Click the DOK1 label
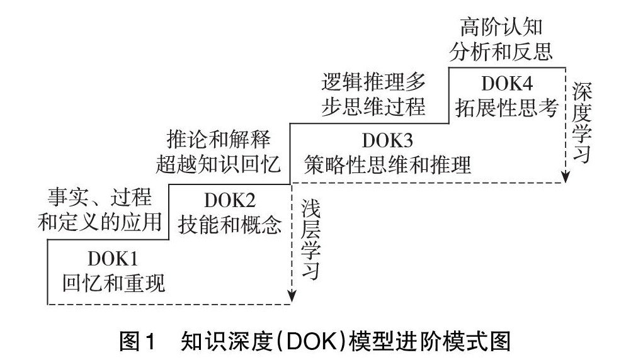(113, 259)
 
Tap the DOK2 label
(230, 201)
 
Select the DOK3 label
(387, 140)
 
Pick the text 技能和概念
(230, 225)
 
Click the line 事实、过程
(100, 197)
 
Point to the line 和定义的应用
(100, 222)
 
